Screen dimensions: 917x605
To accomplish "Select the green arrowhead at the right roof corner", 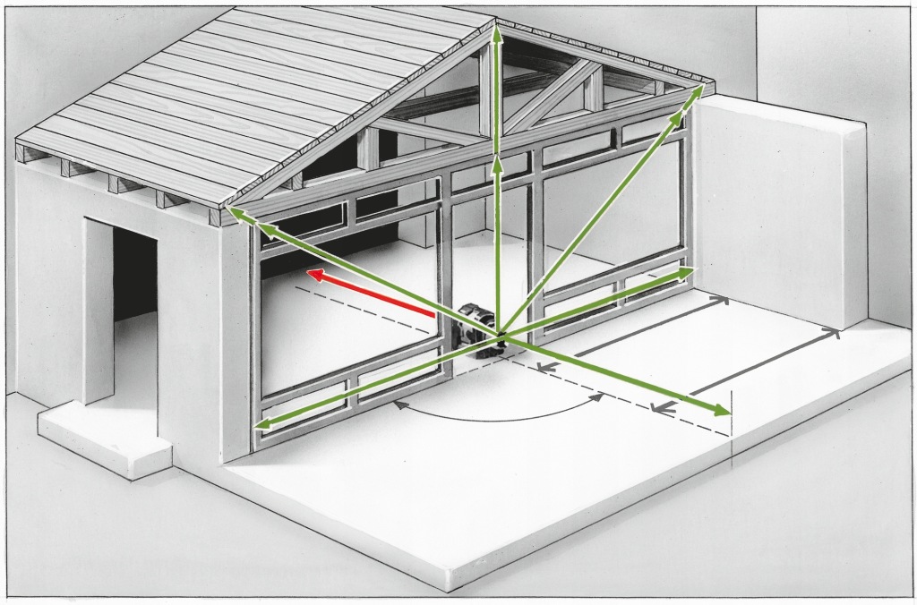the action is (x=698, y=91).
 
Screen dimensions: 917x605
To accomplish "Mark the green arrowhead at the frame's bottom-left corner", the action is (x=262, y=425).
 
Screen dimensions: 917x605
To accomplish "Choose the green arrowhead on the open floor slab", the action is (x=721, y=412).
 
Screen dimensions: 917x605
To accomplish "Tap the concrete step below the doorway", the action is (x=103, y=443).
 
